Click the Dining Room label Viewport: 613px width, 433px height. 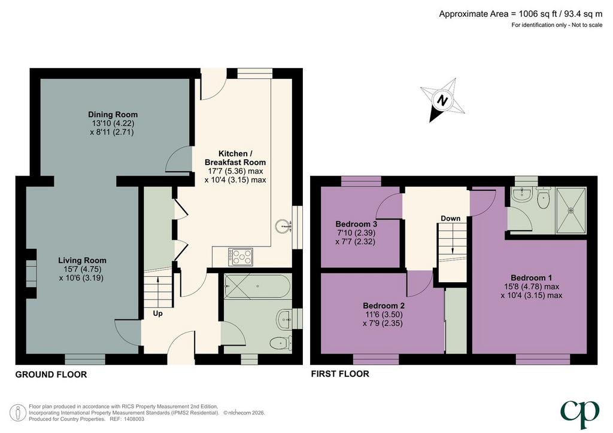[x=113, y=114]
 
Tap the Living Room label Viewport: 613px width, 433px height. [x=82, y=260]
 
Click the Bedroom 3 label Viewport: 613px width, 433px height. [x=356, y=224]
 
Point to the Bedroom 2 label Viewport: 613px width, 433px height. [x=384, y=306]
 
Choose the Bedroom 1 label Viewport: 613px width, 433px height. [x=532, y=278]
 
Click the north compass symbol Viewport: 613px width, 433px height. [x=442, y=100]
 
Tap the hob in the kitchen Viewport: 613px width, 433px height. [x=241, y=257]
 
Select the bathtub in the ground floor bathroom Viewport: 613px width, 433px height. [x=257, y=286]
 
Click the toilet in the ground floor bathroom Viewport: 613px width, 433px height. [x=281, y=343]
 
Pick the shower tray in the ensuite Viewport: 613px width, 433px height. [x=571, y=211]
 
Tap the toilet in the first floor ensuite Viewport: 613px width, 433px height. [x=544, y=198]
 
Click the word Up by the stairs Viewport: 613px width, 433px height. [x=157, y=313]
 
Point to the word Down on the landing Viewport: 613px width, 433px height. [x=450, y=218]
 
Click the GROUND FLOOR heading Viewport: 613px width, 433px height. [x=51, y=374]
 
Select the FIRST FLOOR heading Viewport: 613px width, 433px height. [x=340, y=374]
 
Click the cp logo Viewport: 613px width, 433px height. [x=579, y=414]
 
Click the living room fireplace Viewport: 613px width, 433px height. [x=31, y=273]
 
